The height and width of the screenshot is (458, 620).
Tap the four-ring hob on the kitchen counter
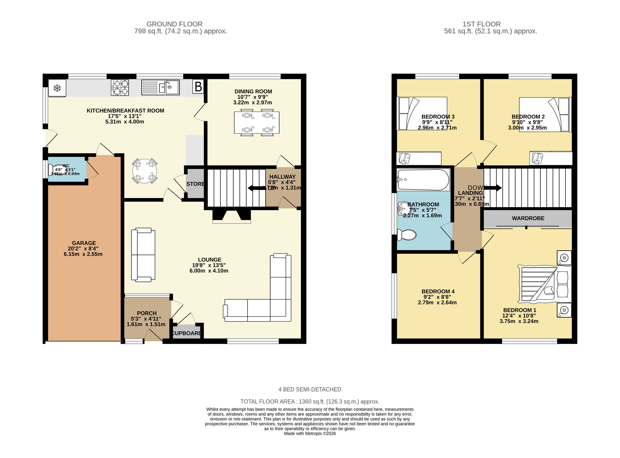pos(120,88)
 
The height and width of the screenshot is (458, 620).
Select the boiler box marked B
pos(198,87)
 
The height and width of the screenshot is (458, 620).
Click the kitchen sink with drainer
pos(160,88)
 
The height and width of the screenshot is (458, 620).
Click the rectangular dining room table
pos(257,122)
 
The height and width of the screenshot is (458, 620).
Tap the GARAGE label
pos(84,243)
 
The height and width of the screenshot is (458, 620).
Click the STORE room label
pos(195,184)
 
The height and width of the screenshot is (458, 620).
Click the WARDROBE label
pos(528,218)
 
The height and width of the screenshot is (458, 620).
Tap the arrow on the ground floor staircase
pos(256,188)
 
